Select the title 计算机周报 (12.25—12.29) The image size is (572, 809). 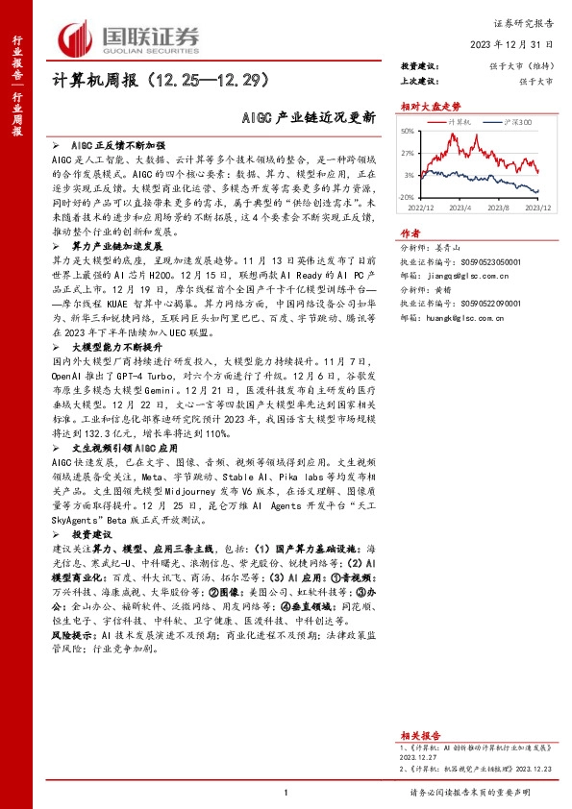click(159, 81)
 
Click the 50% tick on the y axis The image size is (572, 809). click(408, 132)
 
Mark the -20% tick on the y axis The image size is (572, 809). click(407, 196)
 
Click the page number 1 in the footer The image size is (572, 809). click(286, 792)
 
